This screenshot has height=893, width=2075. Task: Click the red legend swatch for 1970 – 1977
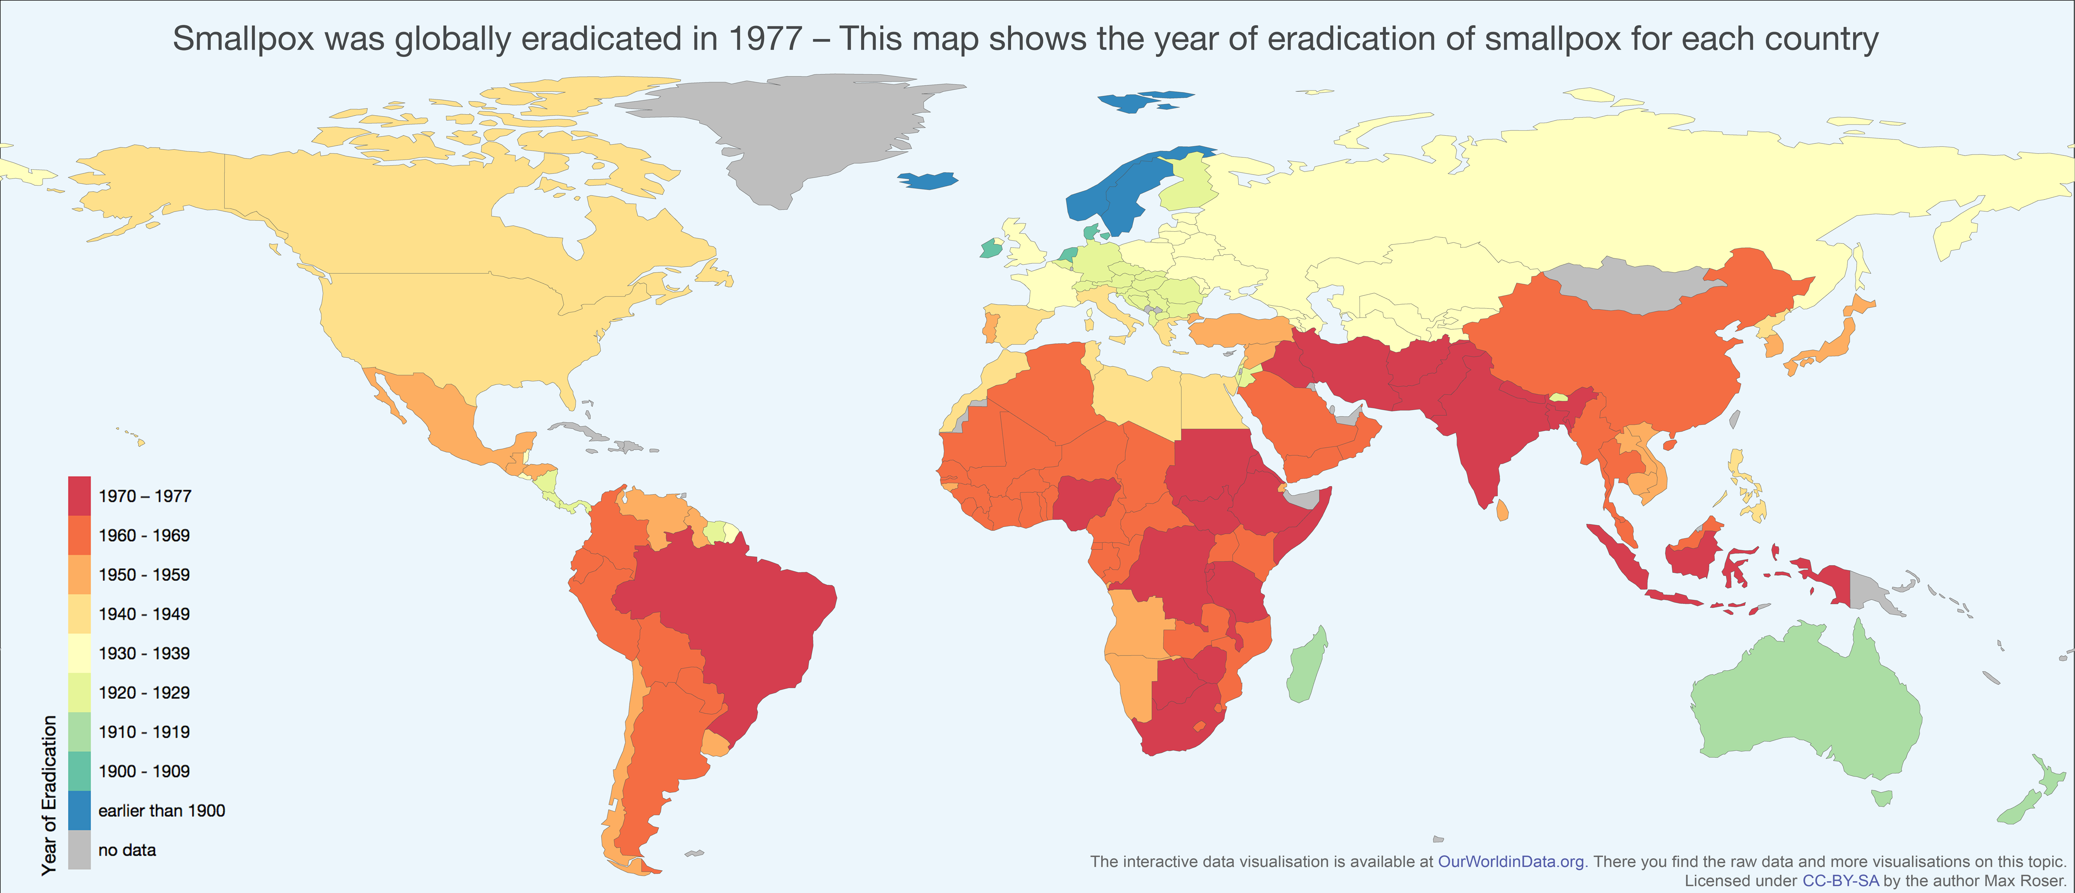pyautogui.click(x=79, y=496)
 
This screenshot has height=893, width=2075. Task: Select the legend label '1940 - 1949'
pyautogui.click(x=144, y=614)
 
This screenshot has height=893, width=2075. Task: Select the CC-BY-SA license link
pyautogui.click(x=1840, y=881)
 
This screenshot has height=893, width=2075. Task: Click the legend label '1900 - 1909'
pyautogui.click(x=144, y=772)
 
